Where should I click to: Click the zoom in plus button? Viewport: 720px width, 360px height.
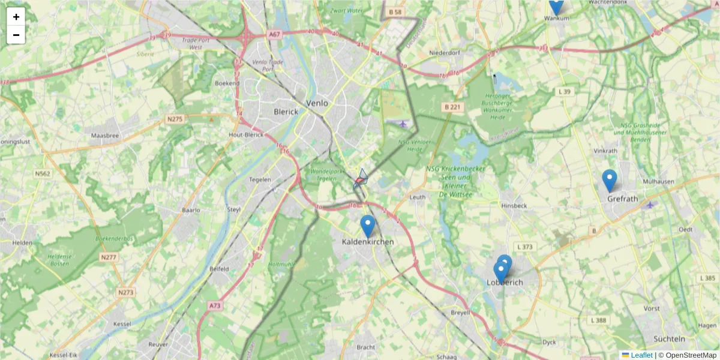[x=16, y=17]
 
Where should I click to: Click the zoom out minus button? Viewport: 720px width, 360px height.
[x=16, y=35]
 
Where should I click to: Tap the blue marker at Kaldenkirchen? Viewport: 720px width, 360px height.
[x=368, y=226]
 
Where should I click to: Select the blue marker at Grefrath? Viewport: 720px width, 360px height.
[x=610, y=181]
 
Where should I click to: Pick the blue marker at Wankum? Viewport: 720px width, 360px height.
[x=556, y=5]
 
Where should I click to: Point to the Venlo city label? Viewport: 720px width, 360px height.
[x=317, y=103]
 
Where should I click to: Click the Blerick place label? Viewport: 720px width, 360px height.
[x=286, y=112]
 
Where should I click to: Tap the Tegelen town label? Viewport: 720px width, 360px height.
[x=260, y=179]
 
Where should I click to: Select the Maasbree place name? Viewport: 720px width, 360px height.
[x=105, y=136]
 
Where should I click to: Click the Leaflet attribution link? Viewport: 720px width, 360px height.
[x=641, y=355]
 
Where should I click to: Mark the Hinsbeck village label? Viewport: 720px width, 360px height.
[x=514, y=205]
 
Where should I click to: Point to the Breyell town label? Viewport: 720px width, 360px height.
[x=460, y=313]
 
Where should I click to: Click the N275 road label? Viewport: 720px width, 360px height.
[x=175, y=119]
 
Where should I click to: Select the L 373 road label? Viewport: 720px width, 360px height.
[x=524, y=247]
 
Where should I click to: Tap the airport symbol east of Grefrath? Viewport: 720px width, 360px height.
[x=650, y=205]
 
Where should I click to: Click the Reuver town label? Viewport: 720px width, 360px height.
[x=158, y=345]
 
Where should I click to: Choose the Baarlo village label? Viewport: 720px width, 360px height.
[x=191, y=211]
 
